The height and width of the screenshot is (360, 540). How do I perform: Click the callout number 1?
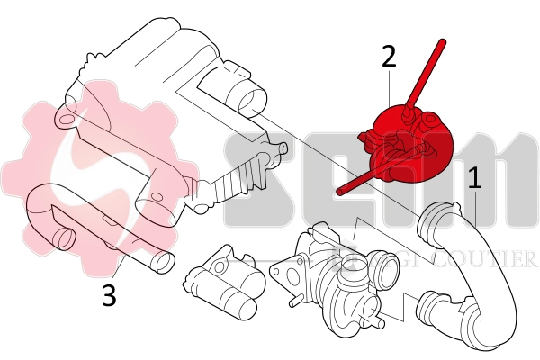click(474, 176)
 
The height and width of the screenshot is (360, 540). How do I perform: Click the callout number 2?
click(389, 57)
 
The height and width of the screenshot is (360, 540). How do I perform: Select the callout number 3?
click(108, 296)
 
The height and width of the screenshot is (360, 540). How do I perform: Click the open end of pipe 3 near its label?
click(160, 263)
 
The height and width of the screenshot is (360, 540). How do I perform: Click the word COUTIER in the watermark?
click(495, 260)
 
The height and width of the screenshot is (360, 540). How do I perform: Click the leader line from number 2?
click(389, 90)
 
